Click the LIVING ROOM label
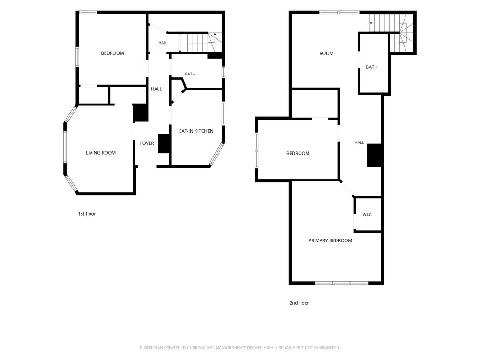pyautogui.click(x=101, y=153)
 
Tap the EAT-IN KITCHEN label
pyautogui.click(x=196, y=131)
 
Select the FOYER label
pyautogui.click(x=147, y=143)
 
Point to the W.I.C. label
pyautogui.click(x=367, y=215)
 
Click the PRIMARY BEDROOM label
pyautogui.click(x=330, y=240)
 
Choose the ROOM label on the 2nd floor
pyautogui.click(x=326, y=53)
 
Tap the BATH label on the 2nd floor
pyautogui.click(x=372, y=67)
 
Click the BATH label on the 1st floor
pyautogui.click(x=190, y=74)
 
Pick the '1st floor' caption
pyautogui.click(x=87, y=214)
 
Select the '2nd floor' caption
pyautogui.click(x=300, y=303)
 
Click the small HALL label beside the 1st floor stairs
pyautogui.click(x=163, y=43)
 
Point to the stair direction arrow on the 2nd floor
pyautogui.click(x=371, y=23)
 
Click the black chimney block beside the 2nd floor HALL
pyautogui.click(x=374, y=155)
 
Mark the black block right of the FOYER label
pyautogui.click(x=164, y=143)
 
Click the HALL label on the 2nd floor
pyautogui.click(x=360, y=142)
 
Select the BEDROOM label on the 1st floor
pyautogui.click(x=112, y=53)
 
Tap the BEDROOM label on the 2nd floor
pyautogui.click(x=298, y=153)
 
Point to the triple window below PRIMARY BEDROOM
pyautogui.click(x=342, y=283)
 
